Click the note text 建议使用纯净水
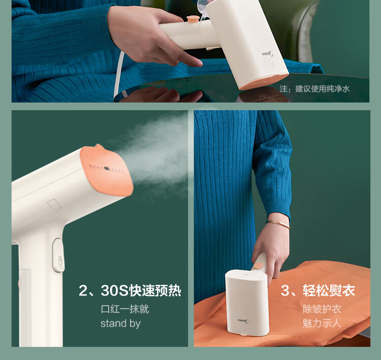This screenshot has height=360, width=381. (x=322, y=89)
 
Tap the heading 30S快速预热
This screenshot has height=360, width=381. (x=141, y=290)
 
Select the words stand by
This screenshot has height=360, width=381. (x=120, y=323)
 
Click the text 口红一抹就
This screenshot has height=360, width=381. (x=124, y=309)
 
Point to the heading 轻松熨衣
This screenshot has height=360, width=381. (x=329, y=290)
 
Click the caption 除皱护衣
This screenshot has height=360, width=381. (x=322, y=309)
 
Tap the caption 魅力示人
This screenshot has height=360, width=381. (x=322, y=323)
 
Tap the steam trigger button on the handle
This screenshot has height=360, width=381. (x=58, y=255)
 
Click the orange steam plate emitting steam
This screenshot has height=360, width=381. (x=107, y=170)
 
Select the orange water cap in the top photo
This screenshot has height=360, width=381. (x=193, y=19)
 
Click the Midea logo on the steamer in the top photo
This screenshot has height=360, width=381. (x=268, y=53)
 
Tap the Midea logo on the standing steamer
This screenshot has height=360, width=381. (x=243, y=321)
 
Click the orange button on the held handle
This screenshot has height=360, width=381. (x=258, y=265)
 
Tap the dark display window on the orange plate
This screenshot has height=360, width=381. (x=107, y=168)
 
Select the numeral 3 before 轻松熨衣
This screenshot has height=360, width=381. (x=285, y=290)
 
